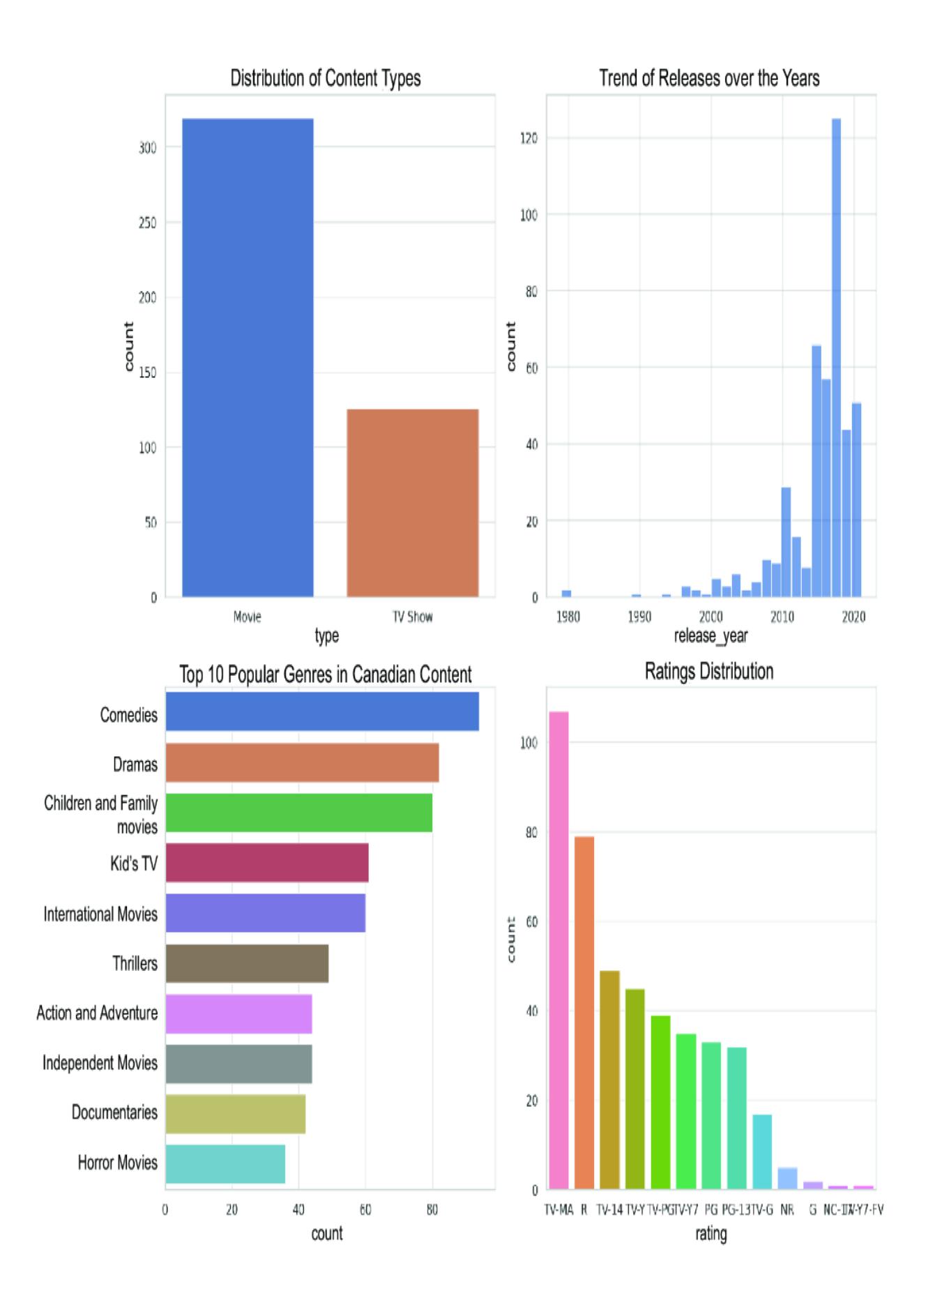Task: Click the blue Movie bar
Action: coord(248,357)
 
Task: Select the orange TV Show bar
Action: coord(412,503)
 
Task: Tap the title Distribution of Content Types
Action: coord(326,78)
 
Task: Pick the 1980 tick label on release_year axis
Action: coord(568,617)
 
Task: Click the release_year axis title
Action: coord(710,635)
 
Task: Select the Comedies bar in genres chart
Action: coord(322,711)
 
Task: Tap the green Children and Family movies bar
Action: coord(298,813)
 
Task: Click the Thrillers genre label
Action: coord(135,964)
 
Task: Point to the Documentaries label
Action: coord(115,1113)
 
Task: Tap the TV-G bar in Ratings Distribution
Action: coord(762,1152)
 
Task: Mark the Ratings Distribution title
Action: coord(709,672)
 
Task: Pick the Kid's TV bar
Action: coord(266,863)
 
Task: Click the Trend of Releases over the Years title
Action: coord(709,78)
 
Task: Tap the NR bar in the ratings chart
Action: coord(787,1178)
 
